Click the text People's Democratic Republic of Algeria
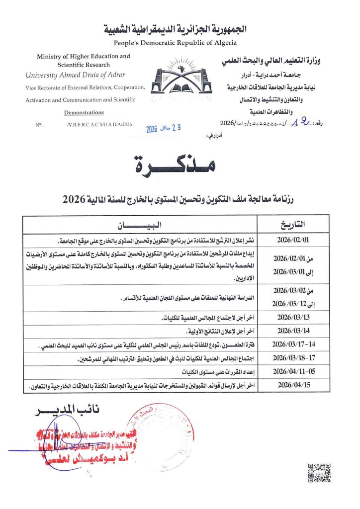coord(180,43)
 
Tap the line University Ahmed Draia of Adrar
coord(75,75)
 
